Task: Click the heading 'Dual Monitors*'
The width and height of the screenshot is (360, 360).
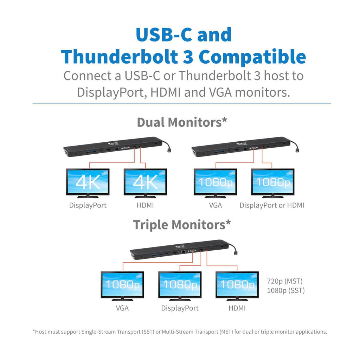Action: click(x=182, y=122)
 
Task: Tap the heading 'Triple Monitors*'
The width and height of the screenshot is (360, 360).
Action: click(x=182, y=225)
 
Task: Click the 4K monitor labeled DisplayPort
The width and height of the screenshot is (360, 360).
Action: click(x=88, y=183)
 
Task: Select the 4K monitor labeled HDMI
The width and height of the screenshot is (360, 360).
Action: click(x=145, y=183)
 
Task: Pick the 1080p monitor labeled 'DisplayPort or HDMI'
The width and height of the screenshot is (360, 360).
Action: click(x=273, y=183)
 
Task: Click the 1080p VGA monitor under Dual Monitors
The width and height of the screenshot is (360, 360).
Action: click(x=216, y=183)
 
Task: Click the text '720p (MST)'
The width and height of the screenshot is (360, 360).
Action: click(x=285, y=281)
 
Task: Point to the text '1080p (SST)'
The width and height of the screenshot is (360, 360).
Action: click(x=286, y=291)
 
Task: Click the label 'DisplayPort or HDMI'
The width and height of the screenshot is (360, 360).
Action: click(x=272, y=205)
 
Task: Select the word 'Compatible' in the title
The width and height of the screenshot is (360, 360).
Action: click(x=252, y=57)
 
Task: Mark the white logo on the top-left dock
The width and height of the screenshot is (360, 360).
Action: click(x=113, y=144)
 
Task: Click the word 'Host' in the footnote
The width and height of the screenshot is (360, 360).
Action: click(x=41, y=332)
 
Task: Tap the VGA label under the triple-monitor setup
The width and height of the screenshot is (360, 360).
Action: click(x=122, y=308)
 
